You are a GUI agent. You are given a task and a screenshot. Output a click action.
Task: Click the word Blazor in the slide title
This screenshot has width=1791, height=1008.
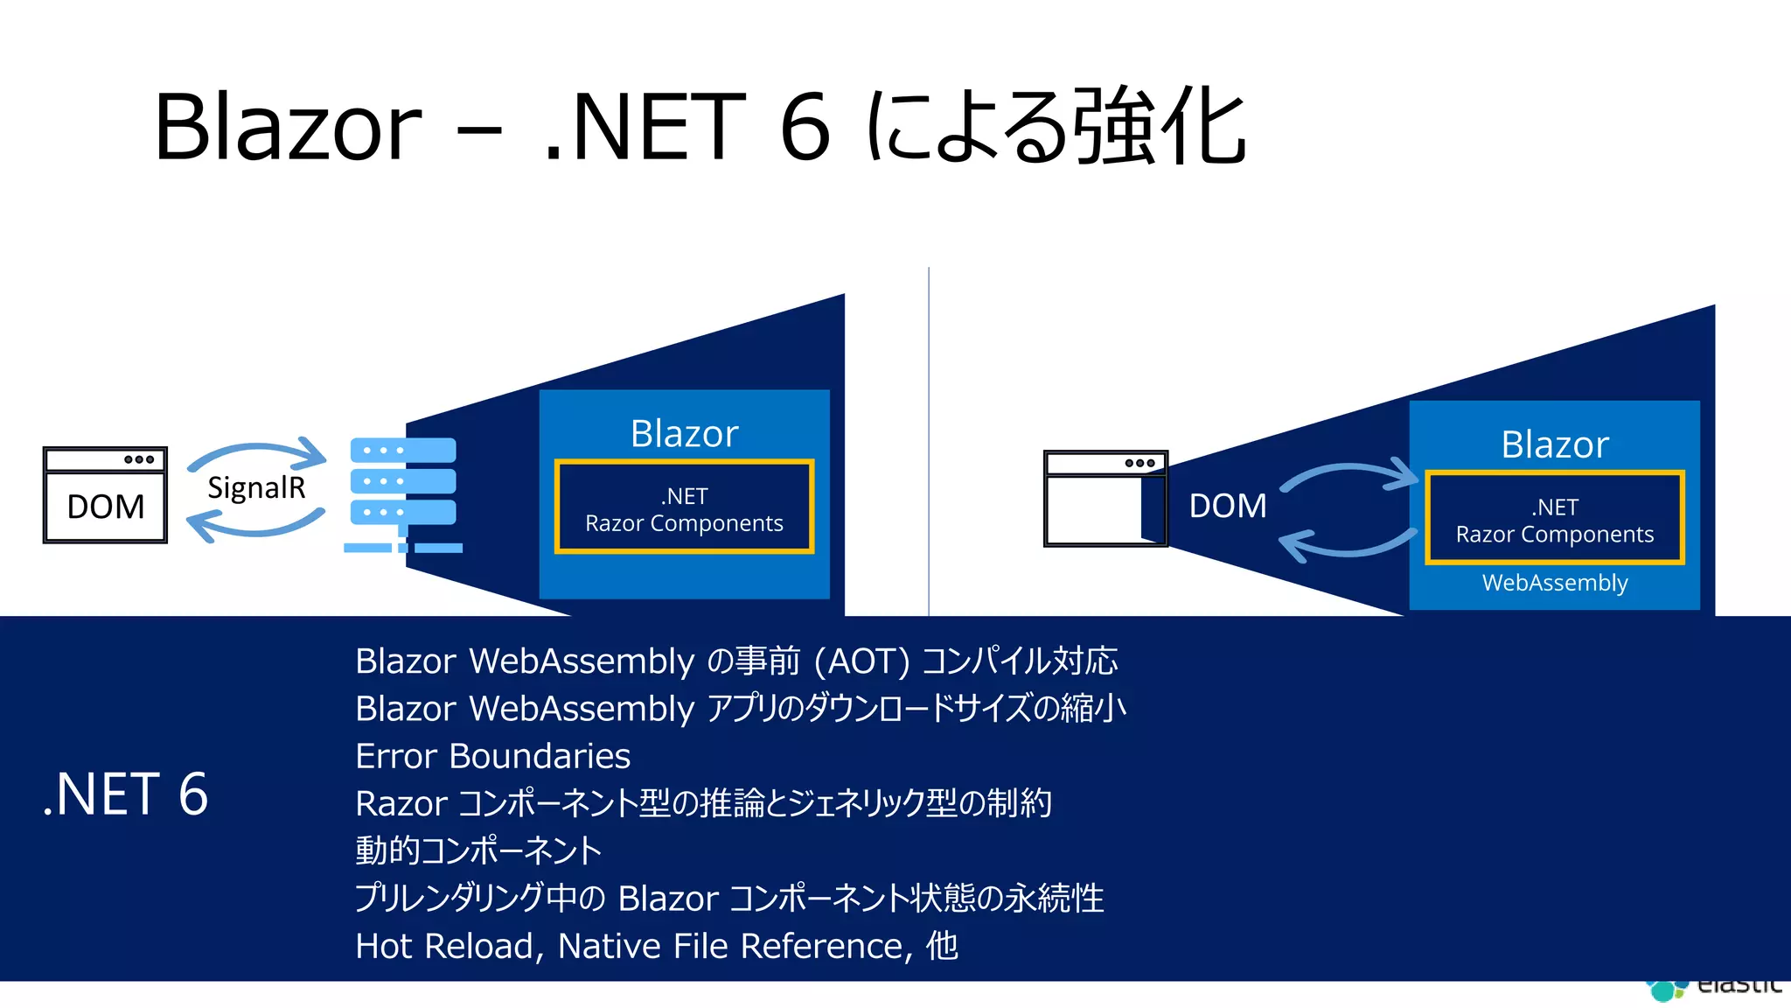click(289, 128)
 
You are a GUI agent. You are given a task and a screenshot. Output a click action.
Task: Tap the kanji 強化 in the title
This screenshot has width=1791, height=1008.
click(1159, 128)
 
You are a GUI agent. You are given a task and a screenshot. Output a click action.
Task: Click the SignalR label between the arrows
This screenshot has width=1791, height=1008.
click(256, 488)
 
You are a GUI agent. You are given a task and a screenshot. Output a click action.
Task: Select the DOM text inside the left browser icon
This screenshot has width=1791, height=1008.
click(106, 507)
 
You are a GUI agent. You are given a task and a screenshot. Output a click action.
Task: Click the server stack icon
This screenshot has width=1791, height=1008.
click(403, 494)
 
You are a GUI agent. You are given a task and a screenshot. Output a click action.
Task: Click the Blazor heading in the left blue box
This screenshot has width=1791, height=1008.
click(684, 434)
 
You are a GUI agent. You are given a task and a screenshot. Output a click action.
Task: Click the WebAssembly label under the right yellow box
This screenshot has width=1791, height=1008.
click(1554, 583)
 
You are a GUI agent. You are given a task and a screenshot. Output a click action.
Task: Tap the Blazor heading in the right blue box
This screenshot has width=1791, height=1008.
click(1554, 445)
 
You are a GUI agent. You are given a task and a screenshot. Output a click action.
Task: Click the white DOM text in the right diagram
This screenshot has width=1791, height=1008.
click(1227, 506)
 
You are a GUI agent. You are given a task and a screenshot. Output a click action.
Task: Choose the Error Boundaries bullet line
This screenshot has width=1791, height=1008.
click(492, 756)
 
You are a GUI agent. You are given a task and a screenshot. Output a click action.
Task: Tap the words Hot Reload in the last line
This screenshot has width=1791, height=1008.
click(444, 946)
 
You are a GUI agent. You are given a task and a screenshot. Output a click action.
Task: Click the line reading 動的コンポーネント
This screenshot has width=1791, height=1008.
click(478, 850)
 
